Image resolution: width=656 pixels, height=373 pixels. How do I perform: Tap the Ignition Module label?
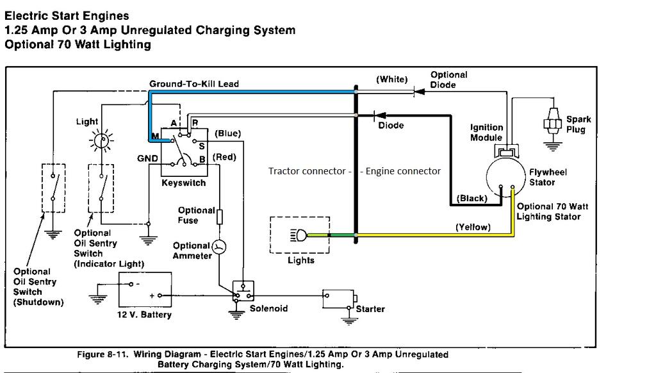click(487, 132)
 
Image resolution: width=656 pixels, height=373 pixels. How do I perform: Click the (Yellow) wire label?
click(473, 227)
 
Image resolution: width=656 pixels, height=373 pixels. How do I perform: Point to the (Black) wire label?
click(471, 199)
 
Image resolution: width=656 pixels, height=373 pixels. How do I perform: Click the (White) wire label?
click(391, 79)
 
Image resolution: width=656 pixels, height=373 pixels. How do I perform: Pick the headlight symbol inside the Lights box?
click(299, 236)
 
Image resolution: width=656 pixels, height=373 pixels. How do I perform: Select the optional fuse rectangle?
click(220, 217)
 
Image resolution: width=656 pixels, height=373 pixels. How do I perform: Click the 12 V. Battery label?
click(145, 315)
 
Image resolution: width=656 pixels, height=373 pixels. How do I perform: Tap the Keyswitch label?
click(183, 183)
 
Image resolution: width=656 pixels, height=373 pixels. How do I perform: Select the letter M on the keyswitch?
click(154, 136)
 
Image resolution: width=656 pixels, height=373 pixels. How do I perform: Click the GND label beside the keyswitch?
click(147, 158)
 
